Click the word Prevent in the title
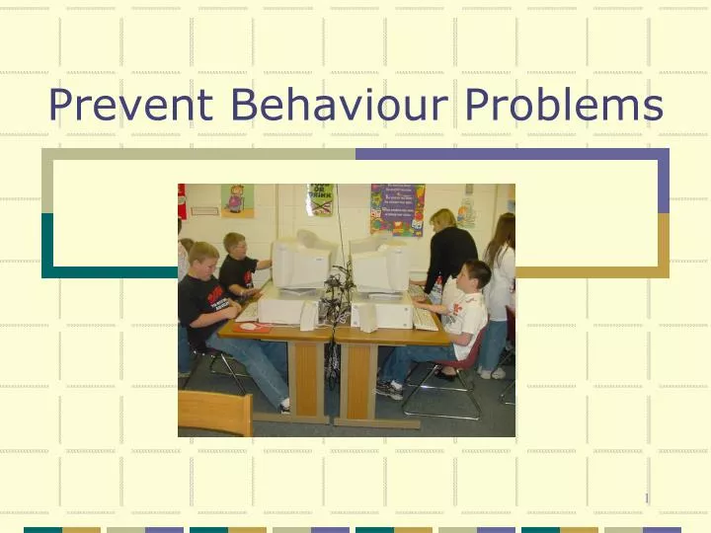click(126, 105)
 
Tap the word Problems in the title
click(567, 105)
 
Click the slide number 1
click(647, 498)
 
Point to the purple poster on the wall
click(397, 208)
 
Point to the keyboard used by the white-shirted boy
click(425, 318)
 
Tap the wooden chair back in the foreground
click(214, 413)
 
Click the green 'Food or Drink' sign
click(320, 198)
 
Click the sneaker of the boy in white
click(389, 388)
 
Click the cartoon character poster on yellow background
click(237, 200)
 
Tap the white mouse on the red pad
click(248, 325)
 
